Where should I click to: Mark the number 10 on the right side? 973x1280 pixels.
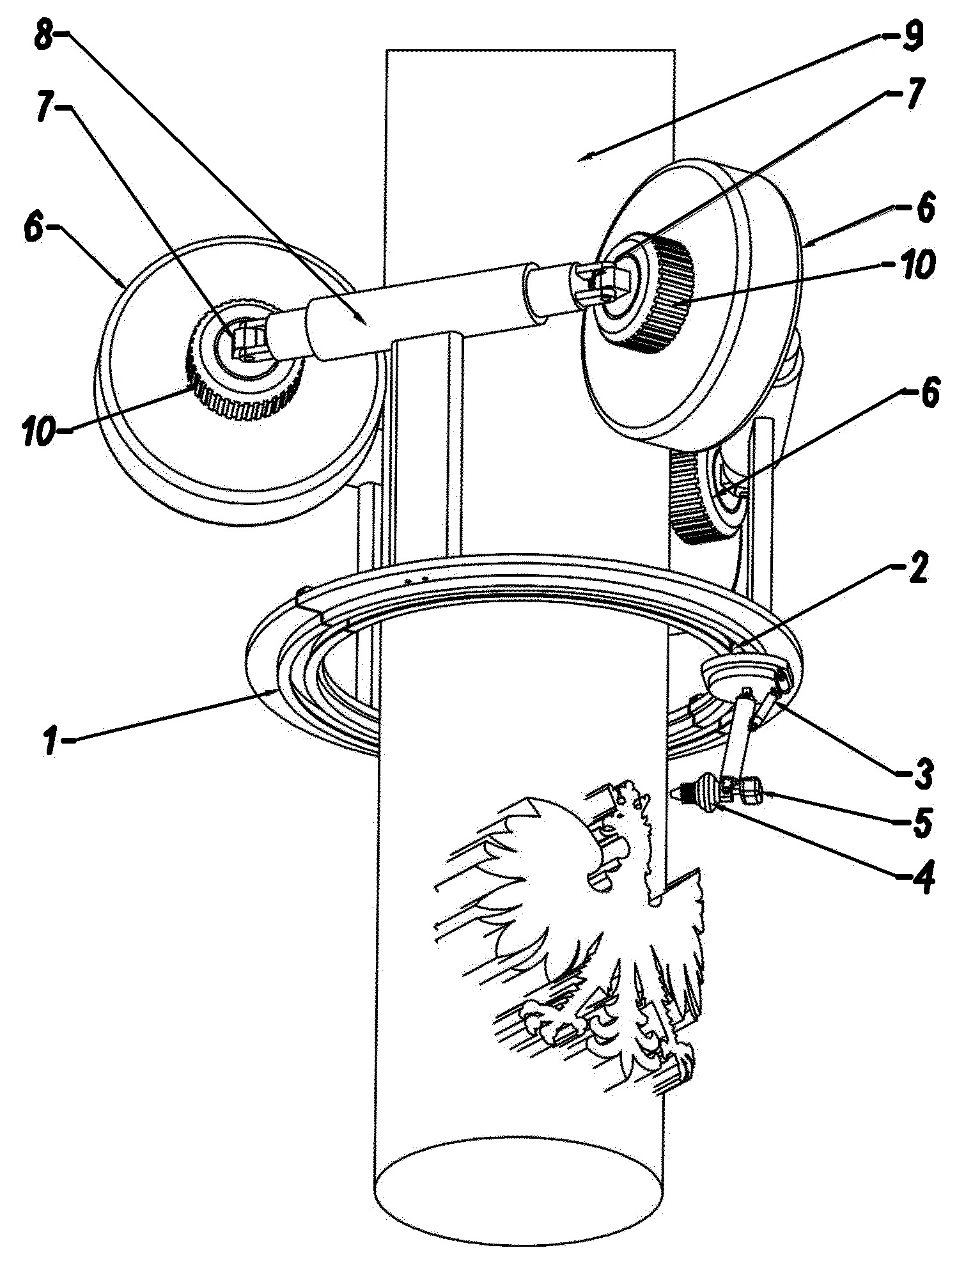pyautogui.click(x=915, y=265)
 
